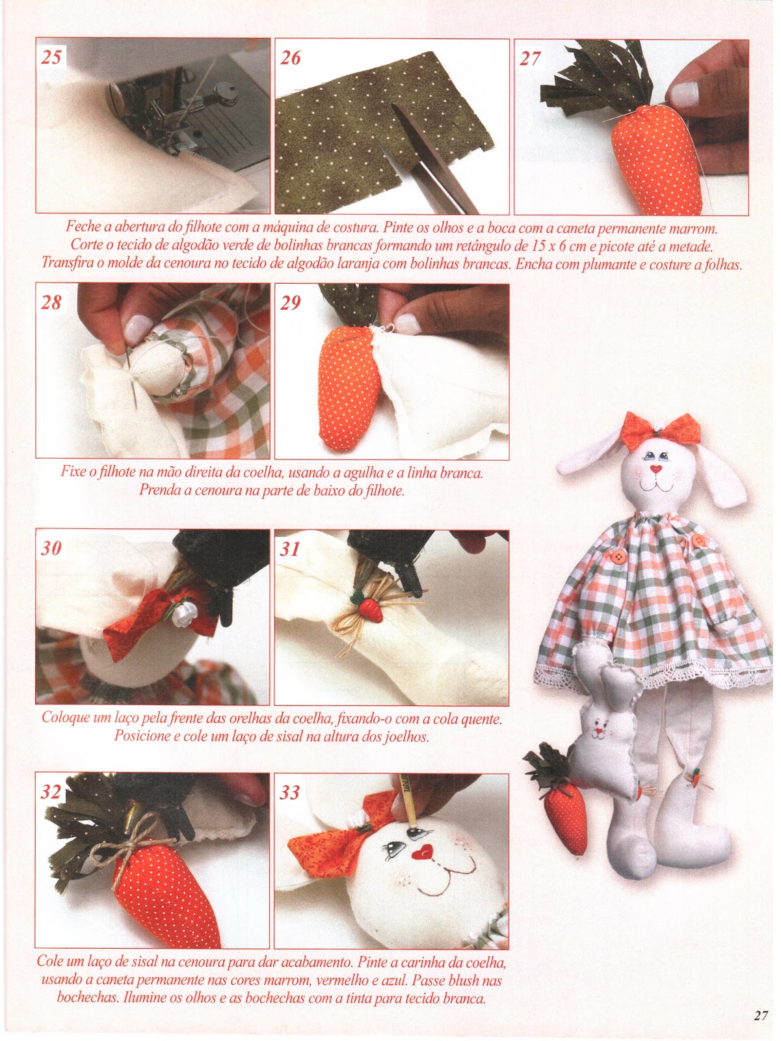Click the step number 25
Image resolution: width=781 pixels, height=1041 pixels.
[x=51, y=57]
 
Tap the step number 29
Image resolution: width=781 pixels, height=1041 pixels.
[x=290, y=302]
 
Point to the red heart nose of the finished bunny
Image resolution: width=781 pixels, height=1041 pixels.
[x=656, y=468]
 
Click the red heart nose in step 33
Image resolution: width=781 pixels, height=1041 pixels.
[x=421, y=852]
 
